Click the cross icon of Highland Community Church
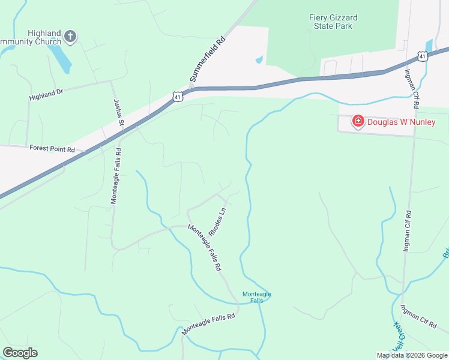[70, 37]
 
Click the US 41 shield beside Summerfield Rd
[176, 96]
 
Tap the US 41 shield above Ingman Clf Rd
[423, 56]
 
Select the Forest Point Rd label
[52, 148]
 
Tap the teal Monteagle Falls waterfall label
[256, 296]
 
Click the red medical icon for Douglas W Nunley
[358, 121]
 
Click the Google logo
[20, 352]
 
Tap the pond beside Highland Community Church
[60, 59]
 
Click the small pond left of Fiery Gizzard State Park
[259, 59]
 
